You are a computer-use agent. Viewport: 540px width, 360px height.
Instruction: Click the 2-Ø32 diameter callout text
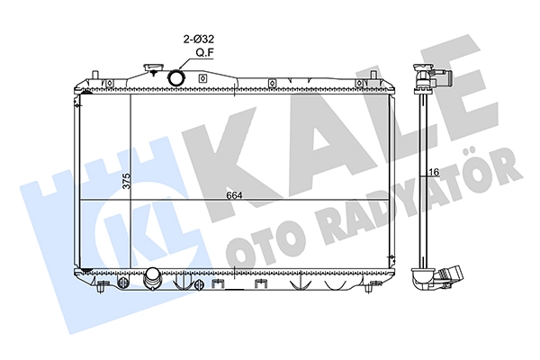click(x=199, y=40)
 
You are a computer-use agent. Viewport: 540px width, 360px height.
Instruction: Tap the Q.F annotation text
click(x=203, y=53)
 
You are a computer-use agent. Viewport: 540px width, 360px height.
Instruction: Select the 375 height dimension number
click(x=127, y=180)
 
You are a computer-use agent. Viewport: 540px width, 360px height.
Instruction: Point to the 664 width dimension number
click(x=235, y=195)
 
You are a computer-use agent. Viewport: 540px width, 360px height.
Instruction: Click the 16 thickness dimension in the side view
click(x=435, y=172)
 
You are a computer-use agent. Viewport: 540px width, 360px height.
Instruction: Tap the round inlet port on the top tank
click(x=176, y=77)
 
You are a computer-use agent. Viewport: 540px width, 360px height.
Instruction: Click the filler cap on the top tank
click(x=151, y=67)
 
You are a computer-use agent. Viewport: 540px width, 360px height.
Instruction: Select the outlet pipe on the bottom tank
click(x=152, y=278)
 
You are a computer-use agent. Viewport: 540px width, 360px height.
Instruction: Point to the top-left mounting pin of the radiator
click(x=95, y=75)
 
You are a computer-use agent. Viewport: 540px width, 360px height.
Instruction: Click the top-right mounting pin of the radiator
click(x=373, y=75)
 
